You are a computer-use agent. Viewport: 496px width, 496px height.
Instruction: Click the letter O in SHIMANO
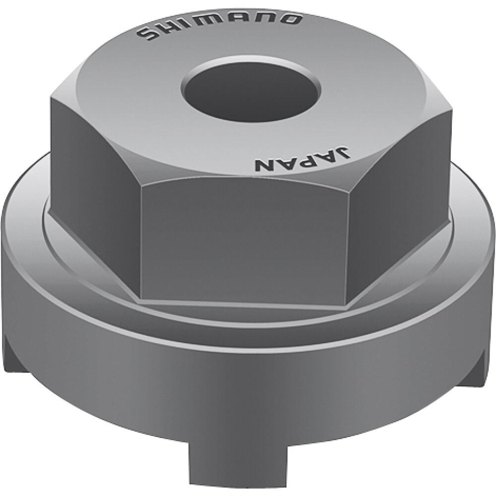coord(291,19)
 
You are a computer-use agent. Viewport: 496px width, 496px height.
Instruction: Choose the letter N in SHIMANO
coord(268,18)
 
